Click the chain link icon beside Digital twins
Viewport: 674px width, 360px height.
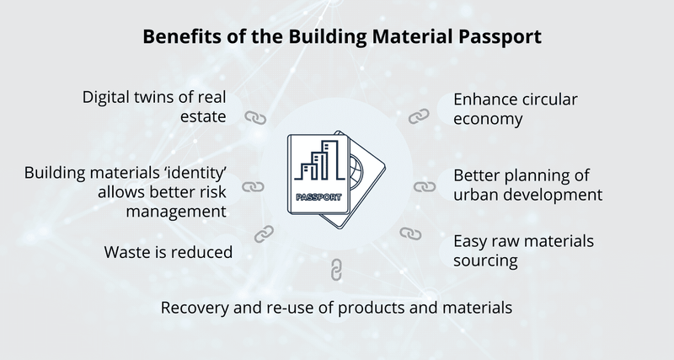coord(255,117)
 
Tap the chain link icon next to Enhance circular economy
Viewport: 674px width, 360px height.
coord(419,116)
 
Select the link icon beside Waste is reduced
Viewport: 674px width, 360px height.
coord(264,232)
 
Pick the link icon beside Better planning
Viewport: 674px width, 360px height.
coord(422,186)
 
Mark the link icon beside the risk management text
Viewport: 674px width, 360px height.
coord(254,186)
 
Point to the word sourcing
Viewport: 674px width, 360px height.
coord(485,261)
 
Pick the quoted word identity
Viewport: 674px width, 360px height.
coord(195,172)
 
